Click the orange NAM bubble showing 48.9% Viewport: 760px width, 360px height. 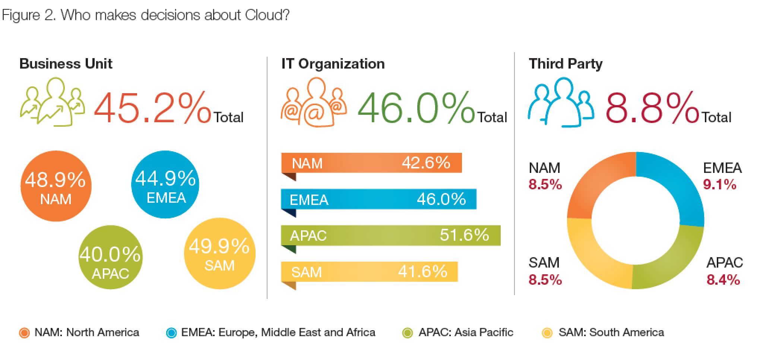[56, 186]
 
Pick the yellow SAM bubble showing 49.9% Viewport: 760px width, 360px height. [220, 254]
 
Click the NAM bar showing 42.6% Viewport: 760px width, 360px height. [371, 163]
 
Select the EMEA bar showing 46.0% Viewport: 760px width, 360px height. [379, 199]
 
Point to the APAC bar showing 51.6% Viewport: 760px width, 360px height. [390, 236]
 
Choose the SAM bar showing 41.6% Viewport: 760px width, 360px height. [369, 272]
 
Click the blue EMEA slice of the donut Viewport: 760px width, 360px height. [674, 186]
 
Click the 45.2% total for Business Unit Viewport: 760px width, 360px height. [152, 108]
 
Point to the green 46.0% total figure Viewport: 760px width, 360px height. [416, 108]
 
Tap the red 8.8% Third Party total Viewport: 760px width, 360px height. [652, 108]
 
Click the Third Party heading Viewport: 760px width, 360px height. [566, 64]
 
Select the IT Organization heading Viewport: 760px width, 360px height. [333, 64]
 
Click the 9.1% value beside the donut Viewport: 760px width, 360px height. [719, 184]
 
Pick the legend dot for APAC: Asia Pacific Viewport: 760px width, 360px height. [408, 333]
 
